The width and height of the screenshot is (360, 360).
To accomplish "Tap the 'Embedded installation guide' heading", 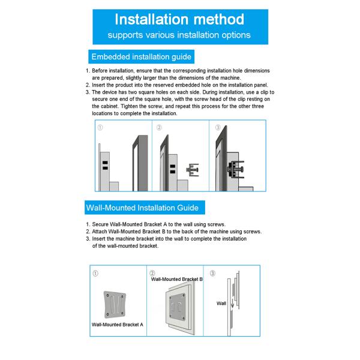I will (140, 57).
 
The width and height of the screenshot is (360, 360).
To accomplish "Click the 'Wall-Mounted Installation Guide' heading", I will (142, 208).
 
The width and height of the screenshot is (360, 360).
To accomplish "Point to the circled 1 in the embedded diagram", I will (100, 127).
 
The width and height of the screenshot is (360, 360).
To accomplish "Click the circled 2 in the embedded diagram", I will (159, 127).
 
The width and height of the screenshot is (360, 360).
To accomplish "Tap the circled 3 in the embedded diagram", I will (217, 127).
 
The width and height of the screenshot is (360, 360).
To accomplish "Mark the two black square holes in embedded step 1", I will (104, 166).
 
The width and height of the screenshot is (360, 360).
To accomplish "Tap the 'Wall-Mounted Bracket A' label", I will (118, 324).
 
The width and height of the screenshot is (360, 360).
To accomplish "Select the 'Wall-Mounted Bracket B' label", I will (176, 279).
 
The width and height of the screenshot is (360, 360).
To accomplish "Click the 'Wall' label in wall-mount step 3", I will (221, 304).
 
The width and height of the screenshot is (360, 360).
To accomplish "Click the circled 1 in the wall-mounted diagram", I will (96, 273).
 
